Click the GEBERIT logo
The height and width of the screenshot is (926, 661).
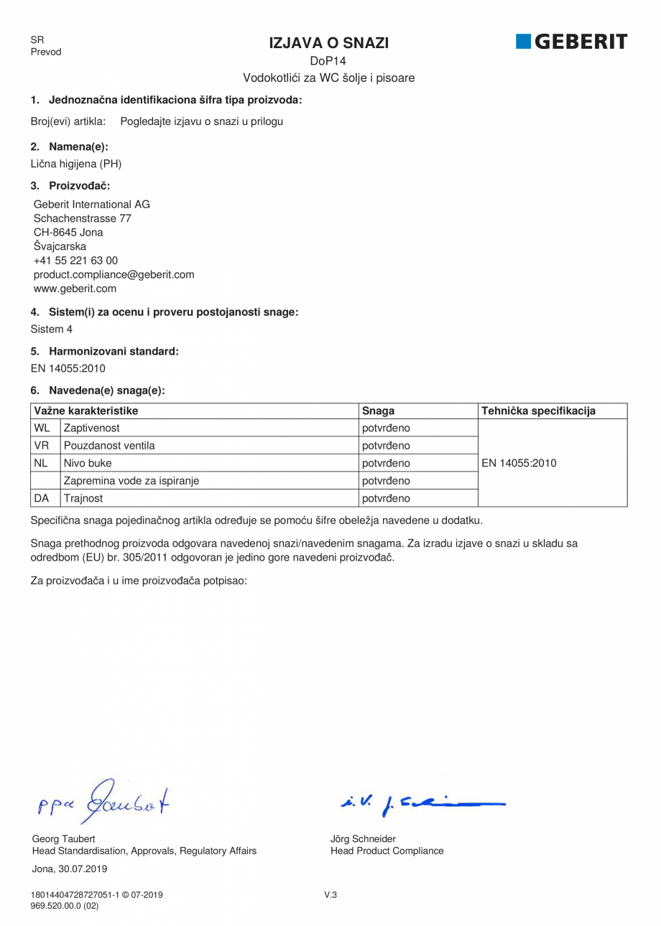pyautogui.click(x=571, y=42)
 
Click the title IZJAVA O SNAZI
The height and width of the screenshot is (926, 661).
pyautogui.click(x=329, y=43)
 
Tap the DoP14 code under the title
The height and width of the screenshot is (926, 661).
pyautogui.click(x=328, y=62)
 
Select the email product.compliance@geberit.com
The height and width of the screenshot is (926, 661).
pyautogui.click(x=114, y=274)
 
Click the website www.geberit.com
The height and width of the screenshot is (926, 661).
pyautogui.click(x=75, y=289)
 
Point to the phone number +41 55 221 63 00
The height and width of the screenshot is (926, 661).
pyautogui.click(x=75, y=261)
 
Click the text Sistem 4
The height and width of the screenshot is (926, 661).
pyautogui.click(x=51, y=329)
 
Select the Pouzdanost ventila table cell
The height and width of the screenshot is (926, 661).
pyautogui.click(x=109, y=446)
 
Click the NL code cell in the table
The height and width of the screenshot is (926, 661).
pyautogui.click(x=40, y=463)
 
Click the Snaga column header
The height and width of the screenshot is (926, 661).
pyautogui.click(x=378, y=411)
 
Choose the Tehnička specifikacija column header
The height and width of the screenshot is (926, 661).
pyautogui.click(x=538, y=411)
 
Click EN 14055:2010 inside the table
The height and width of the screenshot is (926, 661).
pyautogui.click(x=519, y=463)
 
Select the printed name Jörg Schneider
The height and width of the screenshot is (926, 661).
pyautogui.click(x=363, y=838)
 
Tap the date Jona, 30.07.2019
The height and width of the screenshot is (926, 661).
pyautogui.click(x=70, y=869)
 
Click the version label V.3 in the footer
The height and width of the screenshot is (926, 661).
pyautogui.click(x=330, y=894)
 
